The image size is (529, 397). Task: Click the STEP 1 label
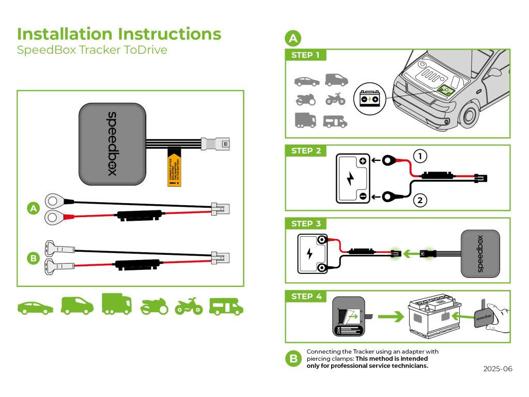pos(305,55)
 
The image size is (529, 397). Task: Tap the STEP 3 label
pos(306,224)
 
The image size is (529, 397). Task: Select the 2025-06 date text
pos(497,369)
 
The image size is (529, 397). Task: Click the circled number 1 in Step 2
pos(421,156)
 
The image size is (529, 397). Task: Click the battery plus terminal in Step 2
pos(363,161)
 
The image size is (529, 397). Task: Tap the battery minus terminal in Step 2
pos(363,196)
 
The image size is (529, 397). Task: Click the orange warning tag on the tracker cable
pos(175,169)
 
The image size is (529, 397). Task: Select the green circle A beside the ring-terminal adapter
pos(34,209)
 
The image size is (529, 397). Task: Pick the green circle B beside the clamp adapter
pos(34,257)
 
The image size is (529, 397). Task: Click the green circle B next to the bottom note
pos(293,358)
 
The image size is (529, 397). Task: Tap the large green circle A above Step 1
pos(293,38)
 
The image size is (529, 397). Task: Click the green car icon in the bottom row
pos(35,307)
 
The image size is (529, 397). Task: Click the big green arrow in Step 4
pos(389,315)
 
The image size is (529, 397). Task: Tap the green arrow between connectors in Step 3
pos(411,254)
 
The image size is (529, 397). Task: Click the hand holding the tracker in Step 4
pos(500,316)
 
